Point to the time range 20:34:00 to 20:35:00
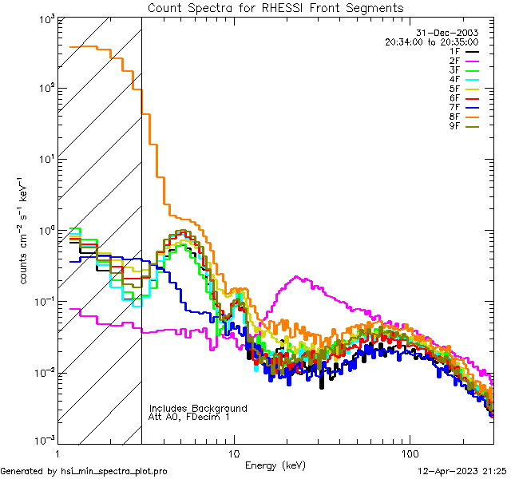pyautogui.click(x=432, y=42)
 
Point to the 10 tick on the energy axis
pyautogui.click(x=233, y=453)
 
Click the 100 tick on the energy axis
pyautogui.click(x=410, y=453)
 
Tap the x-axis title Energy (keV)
pyautogui.click(x=275, y=465)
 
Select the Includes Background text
pyautogui.click(x=198, y=409)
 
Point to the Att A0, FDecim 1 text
pyautogui.click(x=189, y=418)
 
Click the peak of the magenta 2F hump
pyautogui.click(x=297, y=277)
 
